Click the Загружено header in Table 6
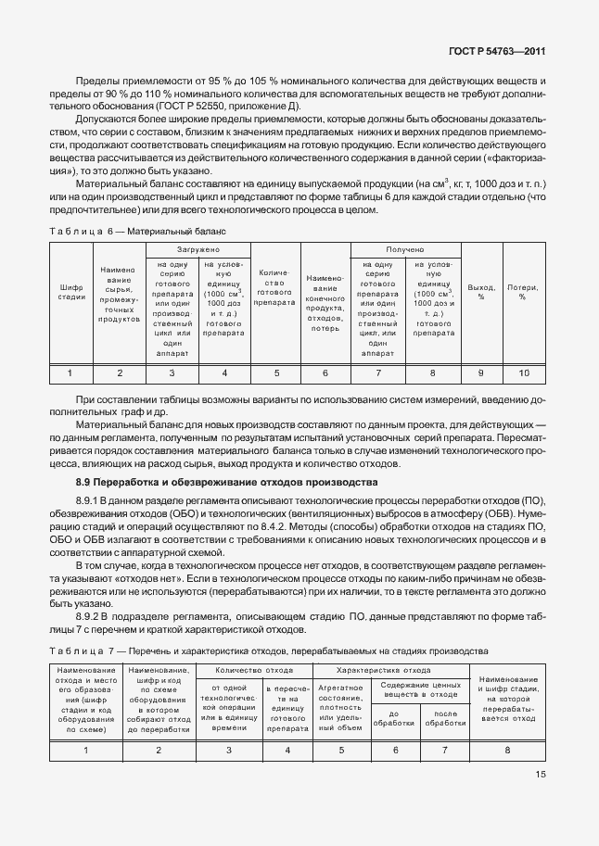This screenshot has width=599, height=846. (198, 249)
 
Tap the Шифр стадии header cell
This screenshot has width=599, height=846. (71, 291)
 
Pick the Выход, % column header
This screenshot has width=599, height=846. (480, 292)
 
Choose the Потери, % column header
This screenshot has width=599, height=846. (522, 292)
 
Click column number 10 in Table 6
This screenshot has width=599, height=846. (522, 372)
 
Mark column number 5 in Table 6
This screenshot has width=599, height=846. (275, 372)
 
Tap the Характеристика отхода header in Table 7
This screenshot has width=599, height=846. (391, 669)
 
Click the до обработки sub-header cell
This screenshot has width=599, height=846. (393, 717)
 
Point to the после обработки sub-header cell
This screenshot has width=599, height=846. (445, 717)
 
